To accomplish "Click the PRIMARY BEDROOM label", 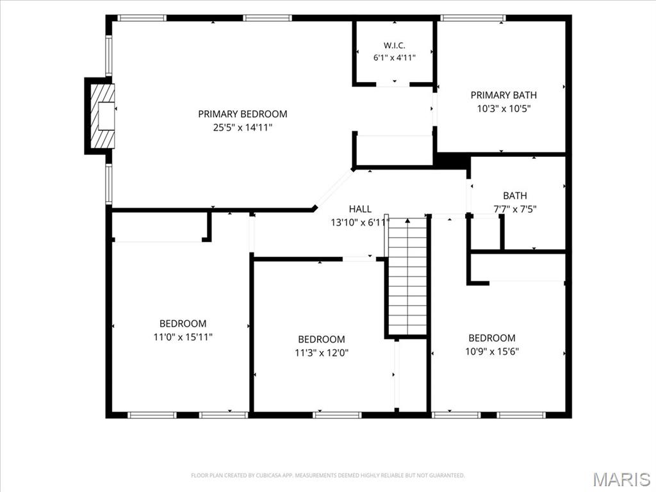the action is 243,114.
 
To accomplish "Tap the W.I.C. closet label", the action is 394,45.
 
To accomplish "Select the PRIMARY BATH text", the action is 504,95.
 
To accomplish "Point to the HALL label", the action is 360,209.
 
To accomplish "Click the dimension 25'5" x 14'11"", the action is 243,127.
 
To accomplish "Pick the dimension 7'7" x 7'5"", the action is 515,209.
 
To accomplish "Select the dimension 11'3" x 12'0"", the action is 322,353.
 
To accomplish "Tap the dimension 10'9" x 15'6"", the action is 492,352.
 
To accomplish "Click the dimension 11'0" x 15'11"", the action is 183,337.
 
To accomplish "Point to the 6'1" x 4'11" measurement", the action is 395,57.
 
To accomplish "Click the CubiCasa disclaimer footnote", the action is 328,475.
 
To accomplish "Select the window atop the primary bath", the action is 473,18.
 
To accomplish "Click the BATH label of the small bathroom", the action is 515,195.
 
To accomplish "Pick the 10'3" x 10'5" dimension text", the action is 504,108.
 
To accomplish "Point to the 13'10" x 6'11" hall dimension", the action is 360,222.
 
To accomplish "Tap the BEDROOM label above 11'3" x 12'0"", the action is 322,339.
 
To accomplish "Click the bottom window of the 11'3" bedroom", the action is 337,415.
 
